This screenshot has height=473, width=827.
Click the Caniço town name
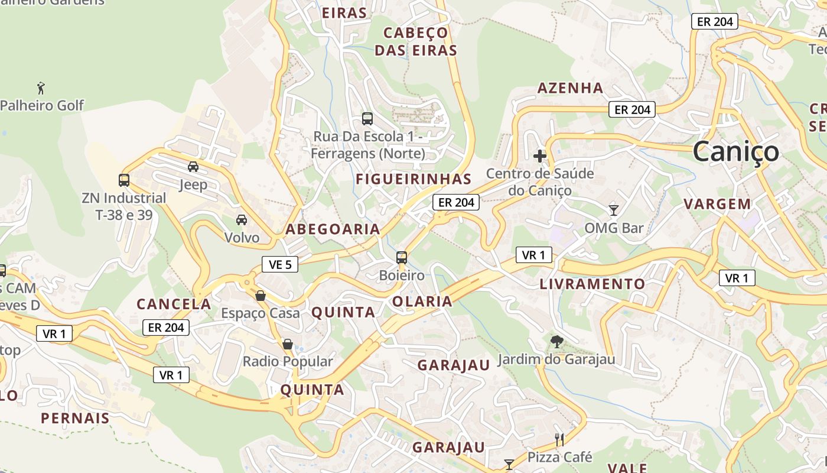pyautogui.click(x=735, y=152)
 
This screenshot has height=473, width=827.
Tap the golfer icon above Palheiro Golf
pyautogui.click(x=41, y=89)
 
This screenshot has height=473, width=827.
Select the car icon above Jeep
pyautogui.click(x=193, y=167)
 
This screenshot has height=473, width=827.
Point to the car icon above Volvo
pyautogui.click(x=242, y=220)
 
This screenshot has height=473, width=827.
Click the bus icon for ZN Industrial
pyautogui.click(x=124, y=180)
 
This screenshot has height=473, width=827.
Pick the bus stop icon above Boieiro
pyautogui.click(x=402, y=258)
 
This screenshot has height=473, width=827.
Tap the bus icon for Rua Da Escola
pyautogui.click(x=367, y=119)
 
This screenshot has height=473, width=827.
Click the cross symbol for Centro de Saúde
pyautogui.click(x=540, y=156)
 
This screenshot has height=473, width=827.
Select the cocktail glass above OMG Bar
pyautogui.click(x=614, y=210)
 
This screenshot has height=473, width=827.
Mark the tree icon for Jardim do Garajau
pyautogui.click(x=556, y=341)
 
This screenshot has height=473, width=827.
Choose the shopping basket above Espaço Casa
pyautogui.click(x=261, y=296)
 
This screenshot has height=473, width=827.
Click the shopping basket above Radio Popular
pyautogui.click(x=288, y=344)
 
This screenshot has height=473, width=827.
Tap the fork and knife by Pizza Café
pyautogui.click(x=559, y=439)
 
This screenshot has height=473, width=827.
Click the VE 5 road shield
pyautogui.click(x=280, y=264)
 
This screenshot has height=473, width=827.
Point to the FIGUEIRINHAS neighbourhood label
pyautogui.click(x=413, y=179)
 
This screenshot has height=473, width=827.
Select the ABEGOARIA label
pyautogui.click(x=333, y=229)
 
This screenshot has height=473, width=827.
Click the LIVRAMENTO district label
pyautogui.click(x=592, y=284)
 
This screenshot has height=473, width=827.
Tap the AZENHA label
pyautogui.click(x=570, y=89)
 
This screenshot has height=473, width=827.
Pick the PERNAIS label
pyautogui.click(x=75, y=419)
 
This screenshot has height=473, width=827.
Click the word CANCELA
pyautogui.click(x=174, y=304)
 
